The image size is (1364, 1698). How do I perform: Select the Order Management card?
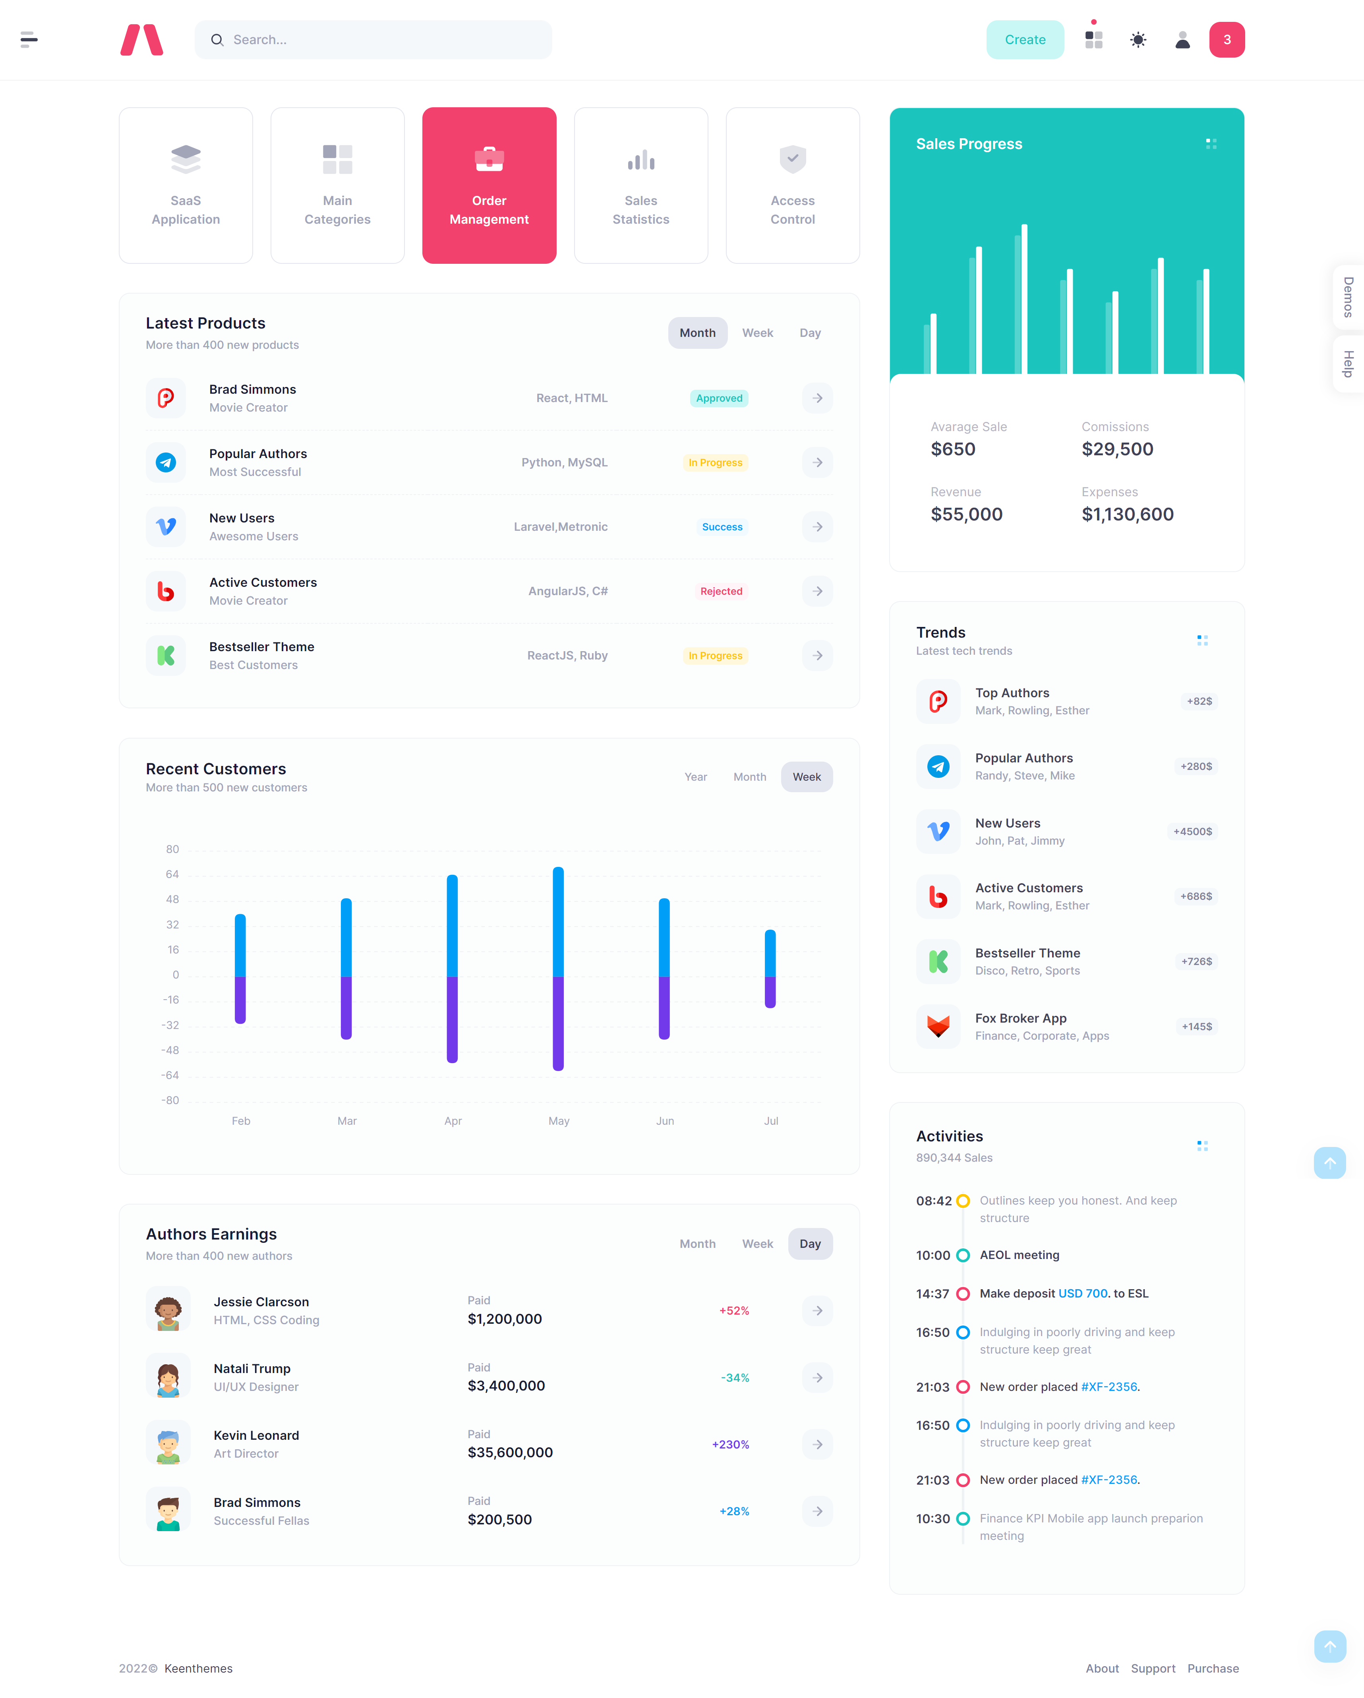[489, 186]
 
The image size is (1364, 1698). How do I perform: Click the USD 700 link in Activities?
[1083, 1293]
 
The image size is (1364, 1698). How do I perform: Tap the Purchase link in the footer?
[1213, 1668]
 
